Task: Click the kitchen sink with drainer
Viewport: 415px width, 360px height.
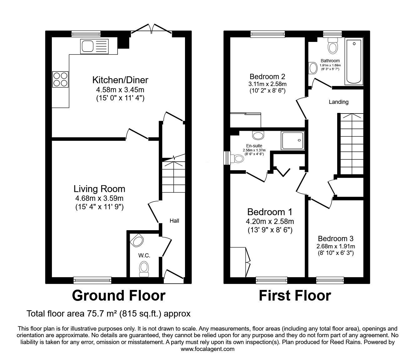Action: (x=94, y=46)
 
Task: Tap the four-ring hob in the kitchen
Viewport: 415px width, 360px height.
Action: (x=60, y=79)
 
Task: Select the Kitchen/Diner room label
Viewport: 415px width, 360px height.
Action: (x=120, y=80)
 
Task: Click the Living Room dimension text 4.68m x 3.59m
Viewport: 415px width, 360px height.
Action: (x=99, y=198)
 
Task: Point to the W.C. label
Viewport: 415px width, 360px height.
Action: (x=144, y=256)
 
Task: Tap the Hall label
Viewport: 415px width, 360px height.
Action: (x=174, y=221)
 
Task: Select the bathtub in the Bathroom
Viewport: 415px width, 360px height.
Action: (x=354, y=62)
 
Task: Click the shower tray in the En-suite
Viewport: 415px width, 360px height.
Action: (x=293, y=140)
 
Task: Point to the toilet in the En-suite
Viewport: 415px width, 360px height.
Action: (x=237, y=159)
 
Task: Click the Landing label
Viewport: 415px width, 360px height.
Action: (x=338, y=102)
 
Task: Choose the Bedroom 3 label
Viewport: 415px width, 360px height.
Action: (x=336, y=239)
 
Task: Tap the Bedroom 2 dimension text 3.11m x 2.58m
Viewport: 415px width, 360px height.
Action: (x=267, y=84)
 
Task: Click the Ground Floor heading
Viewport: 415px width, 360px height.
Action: (x=118, y=296)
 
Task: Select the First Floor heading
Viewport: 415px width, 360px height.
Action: (x=295, y=296)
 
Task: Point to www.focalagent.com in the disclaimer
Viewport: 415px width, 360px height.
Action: (x=207, y=349)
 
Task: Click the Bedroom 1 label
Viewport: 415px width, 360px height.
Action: (x=270, y=212)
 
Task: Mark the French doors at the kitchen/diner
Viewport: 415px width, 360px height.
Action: (x=152, y=28)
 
